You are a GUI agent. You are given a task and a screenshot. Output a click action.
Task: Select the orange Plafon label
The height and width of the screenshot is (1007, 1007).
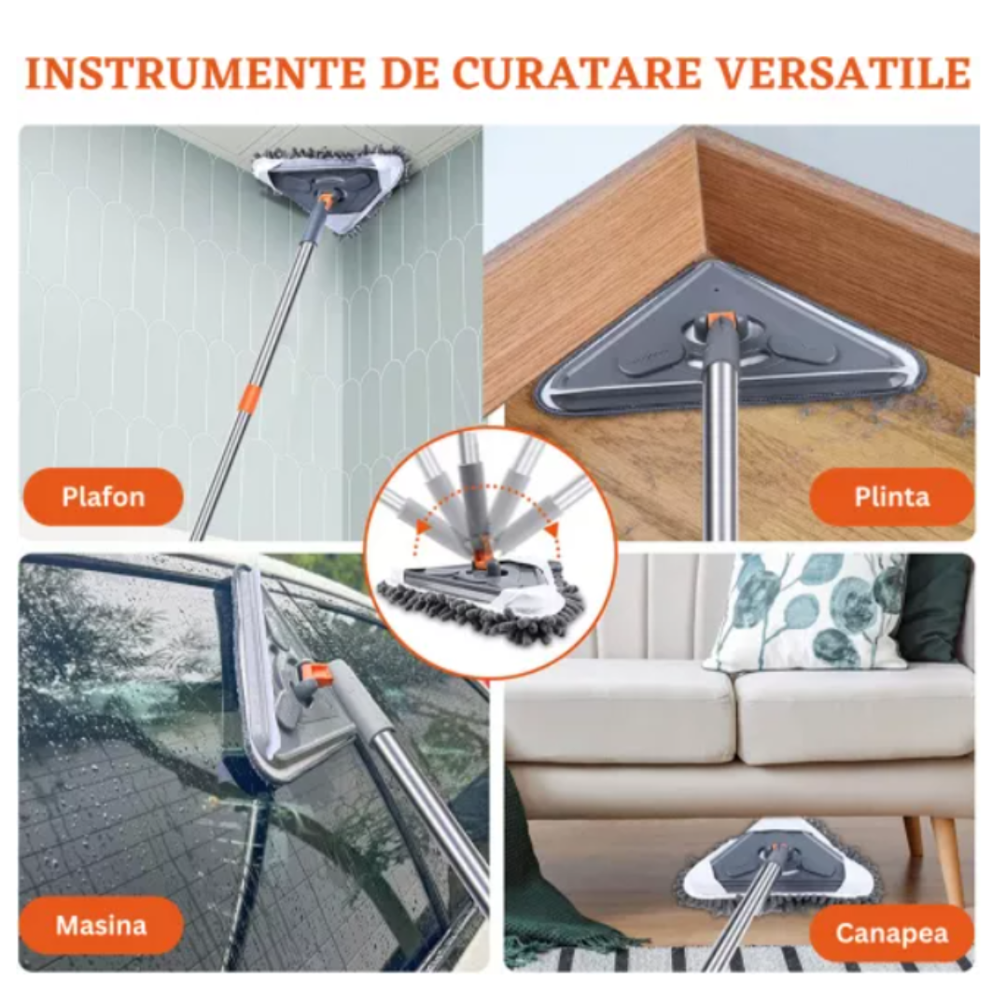[103, 497]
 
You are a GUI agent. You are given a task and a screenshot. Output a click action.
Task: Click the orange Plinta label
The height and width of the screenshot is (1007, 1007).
[891, 497]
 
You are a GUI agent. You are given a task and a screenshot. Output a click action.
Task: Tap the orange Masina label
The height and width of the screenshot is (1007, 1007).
[101, 925]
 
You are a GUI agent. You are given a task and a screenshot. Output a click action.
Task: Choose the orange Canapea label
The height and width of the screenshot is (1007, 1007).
[891, 932]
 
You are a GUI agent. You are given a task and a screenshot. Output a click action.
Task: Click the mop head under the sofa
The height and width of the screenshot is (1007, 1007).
[779, 863]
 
